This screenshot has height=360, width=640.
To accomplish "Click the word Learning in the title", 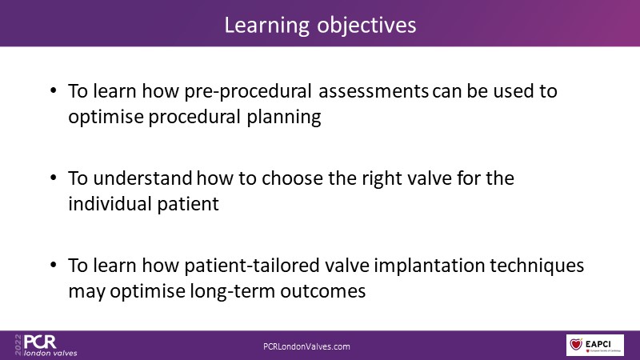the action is point(267,26).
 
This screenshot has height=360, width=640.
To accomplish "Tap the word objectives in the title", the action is point(366,26).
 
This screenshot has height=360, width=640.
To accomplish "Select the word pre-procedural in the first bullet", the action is point(248,91).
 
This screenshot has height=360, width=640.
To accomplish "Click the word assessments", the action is point(373,91).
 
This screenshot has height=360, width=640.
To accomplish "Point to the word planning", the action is point(284,118).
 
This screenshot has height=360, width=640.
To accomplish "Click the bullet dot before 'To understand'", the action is point(54,178).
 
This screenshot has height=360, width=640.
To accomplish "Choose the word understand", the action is point(142,178).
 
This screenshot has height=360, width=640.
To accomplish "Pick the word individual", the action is point(109,204).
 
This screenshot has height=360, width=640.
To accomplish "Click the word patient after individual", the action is point(188,205).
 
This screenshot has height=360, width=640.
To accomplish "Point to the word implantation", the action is point(429,266).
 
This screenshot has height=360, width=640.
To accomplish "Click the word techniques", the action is point(537,266).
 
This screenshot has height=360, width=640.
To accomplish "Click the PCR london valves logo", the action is point(46,346).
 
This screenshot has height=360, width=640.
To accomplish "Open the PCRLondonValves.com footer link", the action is point(306,346).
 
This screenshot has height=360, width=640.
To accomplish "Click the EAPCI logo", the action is point(594,345).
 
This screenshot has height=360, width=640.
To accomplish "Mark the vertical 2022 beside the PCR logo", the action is point(18,345).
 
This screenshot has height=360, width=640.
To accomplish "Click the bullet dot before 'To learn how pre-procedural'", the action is point(54,90).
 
